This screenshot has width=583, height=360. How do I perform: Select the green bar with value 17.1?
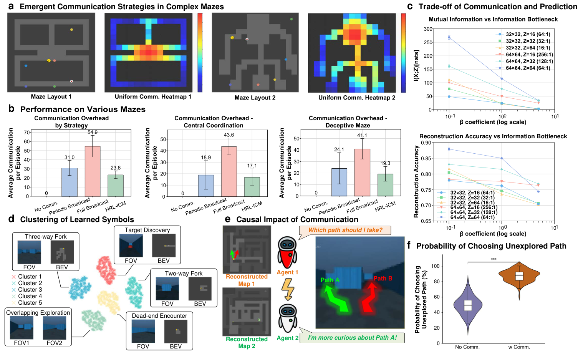(252, 187)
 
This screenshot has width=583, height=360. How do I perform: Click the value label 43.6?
(229, 135)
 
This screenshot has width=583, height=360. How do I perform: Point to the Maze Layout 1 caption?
(51, 97)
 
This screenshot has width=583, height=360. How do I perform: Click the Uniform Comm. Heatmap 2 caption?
(356, 98)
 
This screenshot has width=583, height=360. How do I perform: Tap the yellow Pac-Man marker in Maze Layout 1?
(49, 61)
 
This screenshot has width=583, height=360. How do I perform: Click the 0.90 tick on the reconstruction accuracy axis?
(426, 143)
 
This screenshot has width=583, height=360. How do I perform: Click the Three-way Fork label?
(46, 237)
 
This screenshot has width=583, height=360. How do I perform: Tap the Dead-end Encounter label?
(159, 316)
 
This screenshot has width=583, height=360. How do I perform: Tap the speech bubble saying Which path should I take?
(345, 230)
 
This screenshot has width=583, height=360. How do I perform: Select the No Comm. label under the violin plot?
(467, 347)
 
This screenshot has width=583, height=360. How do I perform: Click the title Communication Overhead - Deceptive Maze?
(348, 122)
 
